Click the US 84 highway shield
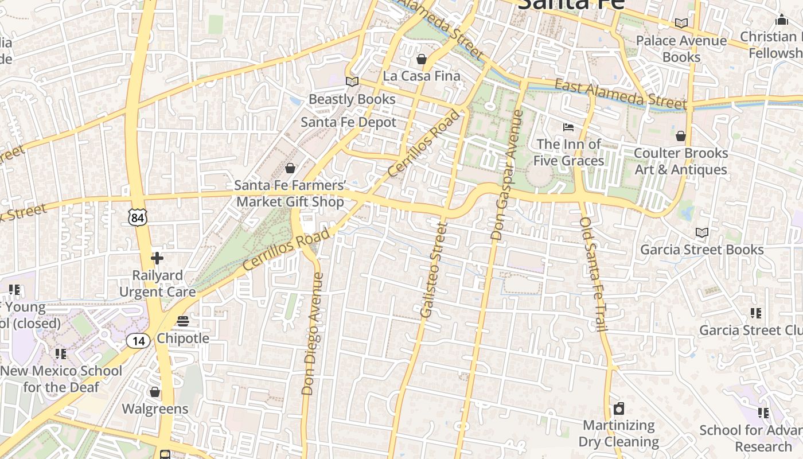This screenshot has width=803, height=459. (x=138, y=217)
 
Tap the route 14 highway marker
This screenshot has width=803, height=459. (x=138, y=341)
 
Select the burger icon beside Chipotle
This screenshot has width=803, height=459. (x=183, y=321)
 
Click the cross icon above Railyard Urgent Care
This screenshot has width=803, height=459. (x=157, y=258)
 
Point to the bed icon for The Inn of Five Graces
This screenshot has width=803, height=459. (x=568, y=127)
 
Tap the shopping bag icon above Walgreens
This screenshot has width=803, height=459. (x=155, y=392)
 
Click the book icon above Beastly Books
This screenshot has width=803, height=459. (x=352, y=82)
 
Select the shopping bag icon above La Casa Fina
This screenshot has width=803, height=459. (x=422, y=59)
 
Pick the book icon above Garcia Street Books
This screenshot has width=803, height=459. (x=701, y=232)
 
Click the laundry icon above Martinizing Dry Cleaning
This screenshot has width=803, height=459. (x=618, y=409)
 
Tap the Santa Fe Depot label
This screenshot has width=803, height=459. (x=348, y=122)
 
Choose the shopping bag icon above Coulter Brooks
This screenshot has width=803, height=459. (x=680, y=136)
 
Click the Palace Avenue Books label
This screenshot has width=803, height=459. (x=681, y=49)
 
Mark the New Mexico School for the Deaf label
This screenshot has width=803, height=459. (x=61, y=379)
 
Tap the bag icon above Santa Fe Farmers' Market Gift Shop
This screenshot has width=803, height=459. (x=290, y=168)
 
